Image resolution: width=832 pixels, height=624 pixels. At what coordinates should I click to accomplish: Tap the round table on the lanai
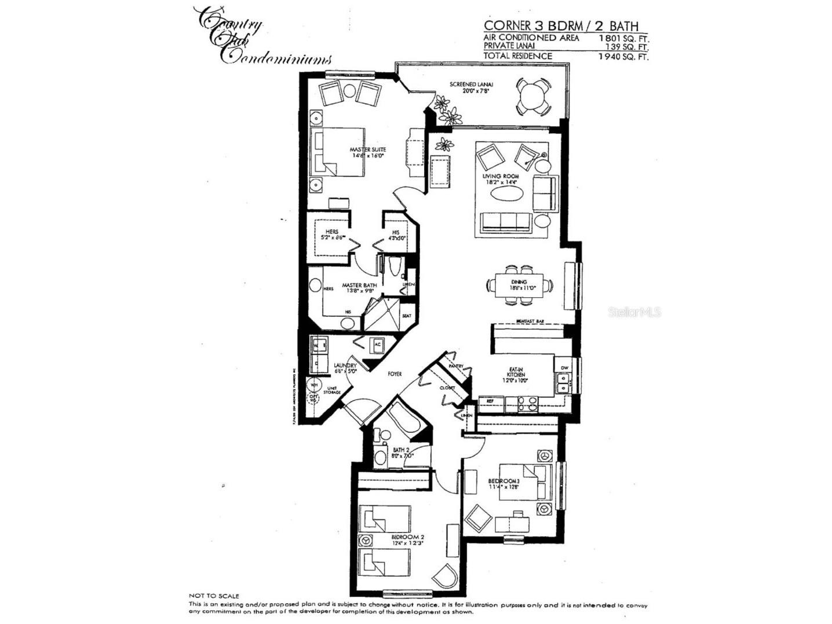pyautogui.click(x=534, y=97)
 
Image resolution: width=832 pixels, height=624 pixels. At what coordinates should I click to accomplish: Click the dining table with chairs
pyautogui.click(x=519, y=285)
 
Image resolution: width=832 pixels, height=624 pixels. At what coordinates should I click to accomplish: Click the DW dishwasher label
pyautogui.click(x=564, y=367)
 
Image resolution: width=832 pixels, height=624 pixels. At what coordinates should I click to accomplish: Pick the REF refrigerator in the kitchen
pyautogui.click(x=490, y=401)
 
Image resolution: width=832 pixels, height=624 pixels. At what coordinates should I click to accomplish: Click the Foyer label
pyautogui.click(x=395, y=374)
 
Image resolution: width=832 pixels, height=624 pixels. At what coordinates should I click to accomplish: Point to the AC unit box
pyautogui.click(x=377, y=344)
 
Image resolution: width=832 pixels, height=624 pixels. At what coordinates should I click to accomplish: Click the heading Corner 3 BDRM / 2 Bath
pyautogui.click(x=561, y=25)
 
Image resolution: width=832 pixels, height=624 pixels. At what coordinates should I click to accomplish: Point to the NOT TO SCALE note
pyautogui.click(x=214, y=596)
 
